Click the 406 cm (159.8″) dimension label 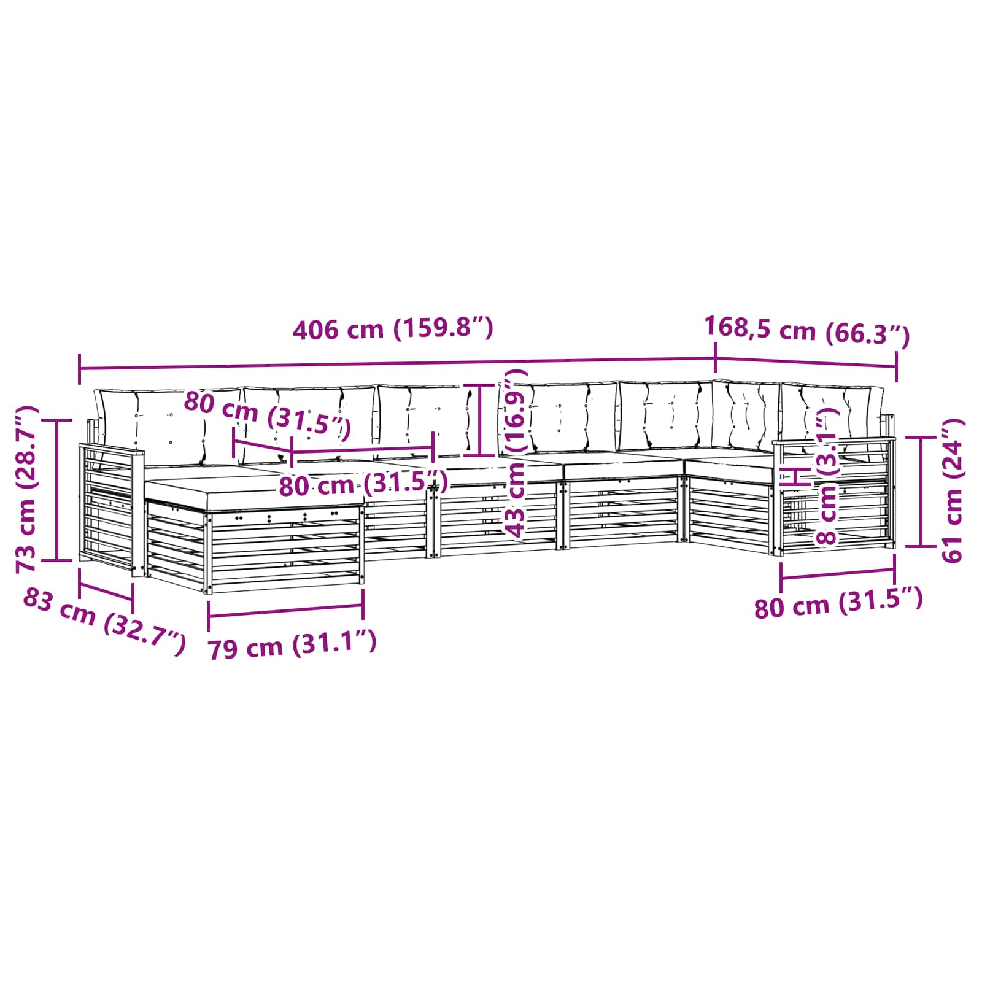pos(393,329)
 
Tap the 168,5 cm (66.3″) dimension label pos(807,331)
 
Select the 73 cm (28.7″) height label pos(28,489)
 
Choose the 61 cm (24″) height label pos(953,490)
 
